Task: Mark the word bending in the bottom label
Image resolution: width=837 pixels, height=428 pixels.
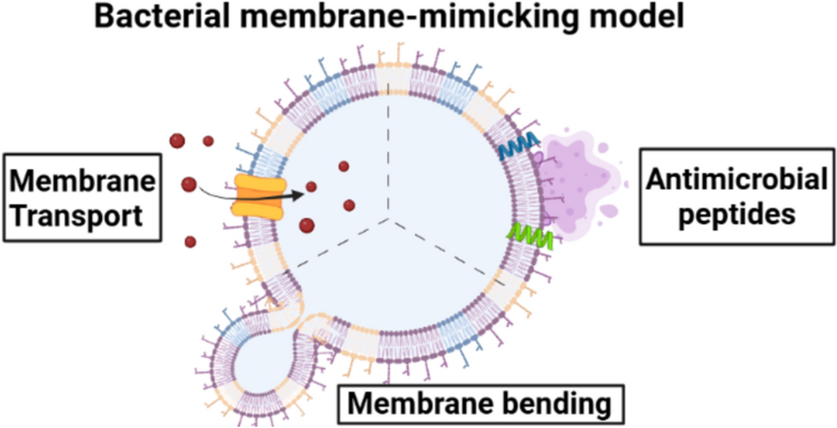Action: click(552, 403)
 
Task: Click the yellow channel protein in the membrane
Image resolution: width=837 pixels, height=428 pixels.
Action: click(257, 195)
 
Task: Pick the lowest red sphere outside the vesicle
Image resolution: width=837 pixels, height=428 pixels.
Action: click(190, 242)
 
